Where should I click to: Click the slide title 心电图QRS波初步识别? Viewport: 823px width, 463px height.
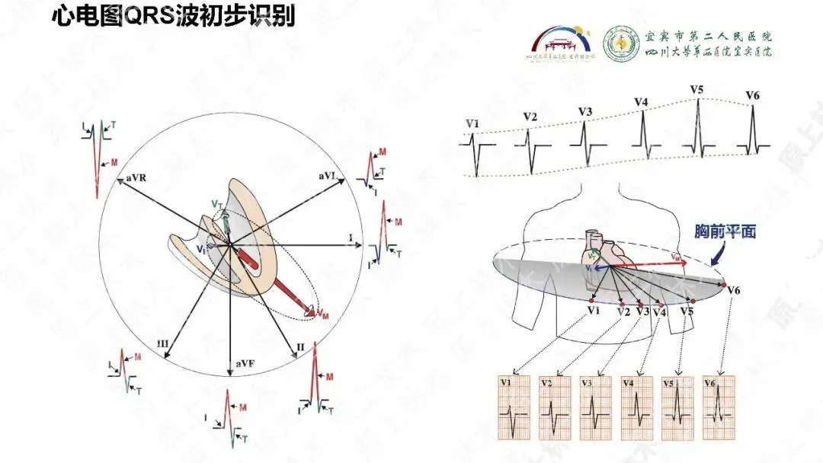click(x=173, y=17)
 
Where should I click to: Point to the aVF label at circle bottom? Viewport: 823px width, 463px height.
click(x=245, y=363)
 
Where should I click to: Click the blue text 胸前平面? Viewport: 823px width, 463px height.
click(x=725, y=231)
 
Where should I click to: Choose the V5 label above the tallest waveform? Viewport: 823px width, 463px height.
click(x=697, y=90)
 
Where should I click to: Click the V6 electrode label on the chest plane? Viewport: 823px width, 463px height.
click(x=734, y=290)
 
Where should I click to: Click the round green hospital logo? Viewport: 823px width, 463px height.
click(x=621, y=45)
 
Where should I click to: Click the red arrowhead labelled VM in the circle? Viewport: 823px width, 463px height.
click(x=311, y=311)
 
